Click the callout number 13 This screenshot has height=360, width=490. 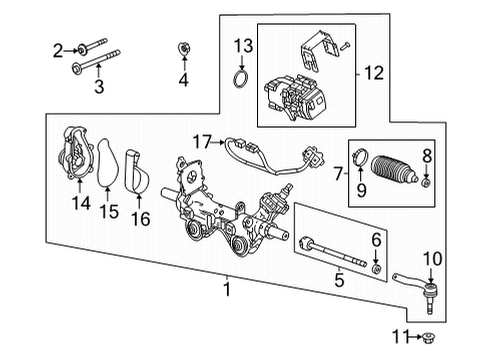click(x=243, y=46)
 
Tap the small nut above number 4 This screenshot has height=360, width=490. click(x=183, y=49)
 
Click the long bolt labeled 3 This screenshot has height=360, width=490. click(x=96, y=62)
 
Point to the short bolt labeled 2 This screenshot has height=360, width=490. click(x=92, y=45)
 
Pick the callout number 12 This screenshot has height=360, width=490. click(x=374, y=73)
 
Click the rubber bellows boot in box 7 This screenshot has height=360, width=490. click(x=395, y=169)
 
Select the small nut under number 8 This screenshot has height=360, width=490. click(x=426, y=183)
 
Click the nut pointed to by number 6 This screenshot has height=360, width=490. click(x=376, y=269)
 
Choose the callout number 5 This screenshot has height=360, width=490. click(x=339, y=280)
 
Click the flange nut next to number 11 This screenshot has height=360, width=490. click(x=428, y=338)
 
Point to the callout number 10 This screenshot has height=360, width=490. click(x=432, y=259)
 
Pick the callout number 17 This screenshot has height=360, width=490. click(x=203, y=142)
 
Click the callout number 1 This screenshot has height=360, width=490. click(x=227, y=289)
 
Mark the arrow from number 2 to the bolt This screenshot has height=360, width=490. click(x=71, y=51)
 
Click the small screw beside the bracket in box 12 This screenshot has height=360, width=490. click(x=345, y=46)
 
